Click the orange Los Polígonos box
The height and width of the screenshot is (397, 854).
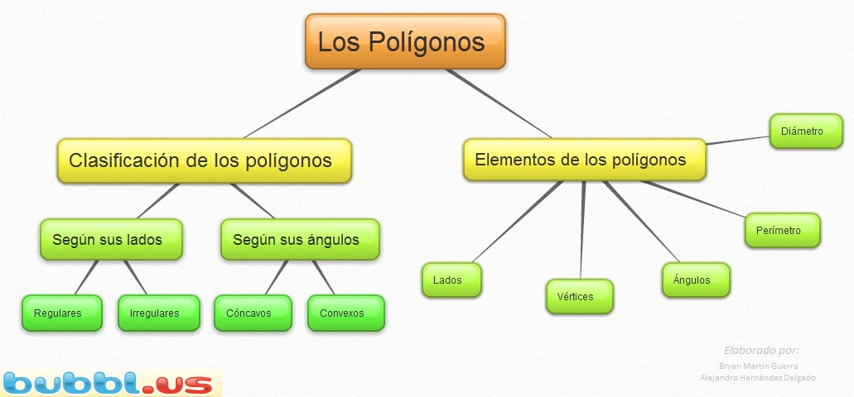(x=405, y=41)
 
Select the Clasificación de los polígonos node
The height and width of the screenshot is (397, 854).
(x=205, y=160)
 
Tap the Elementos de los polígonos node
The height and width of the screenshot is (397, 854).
(x=585, y=160)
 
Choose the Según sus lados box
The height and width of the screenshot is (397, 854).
(x=111, y=239)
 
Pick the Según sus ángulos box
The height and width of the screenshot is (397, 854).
(x=300, y=239)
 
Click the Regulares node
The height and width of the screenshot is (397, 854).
(x=62, y=313)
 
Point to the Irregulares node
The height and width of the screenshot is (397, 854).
(x=158, y=313)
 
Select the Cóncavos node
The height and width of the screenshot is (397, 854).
(x=253, y=313)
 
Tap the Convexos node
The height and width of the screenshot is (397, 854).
(x=346, y=313)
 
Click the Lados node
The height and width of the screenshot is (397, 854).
(x=451, y=280)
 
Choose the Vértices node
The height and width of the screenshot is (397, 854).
(x=580, y=296)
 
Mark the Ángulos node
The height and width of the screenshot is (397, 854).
(x=696, y=280)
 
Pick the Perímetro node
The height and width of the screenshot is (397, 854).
(x=782, y=230)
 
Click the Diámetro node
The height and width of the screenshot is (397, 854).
(x=806, y=131)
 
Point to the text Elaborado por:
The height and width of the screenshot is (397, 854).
(x=761, y=350)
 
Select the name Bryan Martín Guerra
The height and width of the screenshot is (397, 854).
(x=758, y=366)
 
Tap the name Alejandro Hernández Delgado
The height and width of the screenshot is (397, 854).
(x=758, y=377)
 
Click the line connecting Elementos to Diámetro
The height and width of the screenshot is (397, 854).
(x=738, y=141)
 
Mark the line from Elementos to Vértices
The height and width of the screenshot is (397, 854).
(x=582, y=229)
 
